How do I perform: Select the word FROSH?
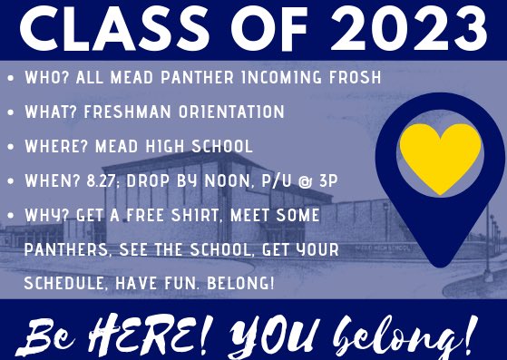coord(351,79)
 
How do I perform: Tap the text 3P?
coord(327,180)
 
